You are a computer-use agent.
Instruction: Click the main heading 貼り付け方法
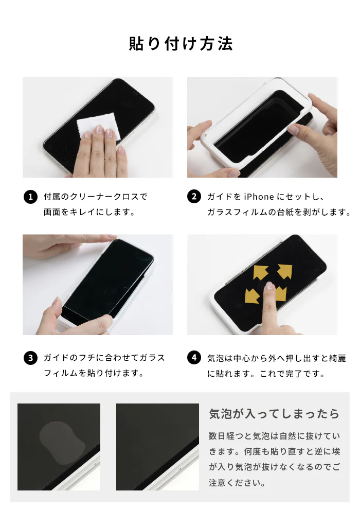(x=181, y=44)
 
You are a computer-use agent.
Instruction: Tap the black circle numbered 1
(x=30, y=197)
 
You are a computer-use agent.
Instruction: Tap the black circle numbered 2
(x=194, y=197)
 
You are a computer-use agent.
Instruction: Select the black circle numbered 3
(x=30, y=358)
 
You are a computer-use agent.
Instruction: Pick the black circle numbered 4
(x=194, y=358)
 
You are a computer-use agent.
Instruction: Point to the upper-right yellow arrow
(x=284, y=271)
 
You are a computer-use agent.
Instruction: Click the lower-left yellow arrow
(x=253, y=295)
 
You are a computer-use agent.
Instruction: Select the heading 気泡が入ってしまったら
(x=274, y=414)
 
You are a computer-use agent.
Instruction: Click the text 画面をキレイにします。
(x=89, y=212)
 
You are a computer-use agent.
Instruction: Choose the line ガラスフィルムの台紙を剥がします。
(x=278, y=212)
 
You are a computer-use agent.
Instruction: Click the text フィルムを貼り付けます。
(x=94, y=373)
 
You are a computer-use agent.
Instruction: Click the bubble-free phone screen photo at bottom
(x=157, y=446)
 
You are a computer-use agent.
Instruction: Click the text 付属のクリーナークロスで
(x=95, y=197)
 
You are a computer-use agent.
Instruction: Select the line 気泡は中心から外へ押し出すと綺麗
(x=273, y=358)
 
